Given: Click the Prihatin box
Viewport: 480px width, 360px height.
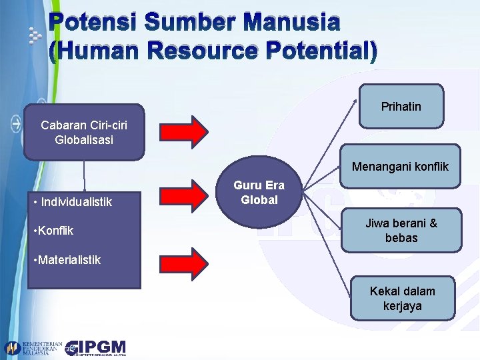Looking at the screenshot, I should pos(401,106).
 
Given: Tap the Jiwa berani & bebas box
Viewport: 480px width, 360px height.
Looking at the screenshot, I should pos(401,231).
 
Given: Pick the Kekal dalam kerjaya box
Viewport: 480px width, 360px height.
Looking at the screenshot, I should pos(403,299).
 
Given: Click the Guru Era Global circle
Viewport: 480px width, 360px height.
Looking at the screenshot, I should pos(259,193).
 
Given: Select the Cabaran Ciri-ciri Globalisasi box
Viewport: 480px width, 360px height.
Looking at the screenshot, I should pos(84,132).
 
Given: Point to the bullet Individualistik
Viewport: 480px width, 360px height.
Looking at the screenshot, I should pos(73,202).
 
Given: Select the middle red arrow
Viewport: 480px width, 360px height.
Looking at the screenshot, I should pos(192,195).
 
